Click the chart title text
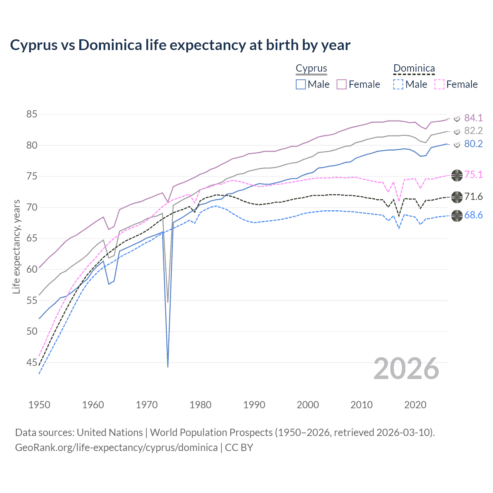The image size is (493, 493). click(x=180, y=45)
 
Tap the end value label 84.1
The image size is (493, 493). click(x=473, y=118)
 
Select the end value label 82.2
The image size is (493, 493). click(x=473, y=131)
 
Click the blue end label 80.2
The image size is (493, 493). click(x=473, y=144)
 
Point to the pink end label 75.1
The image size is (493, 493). click(x=473, y=174)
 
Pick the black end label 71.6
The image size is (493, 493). click(x=473, y=197)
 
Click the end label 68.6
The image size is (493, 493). click(x=473, y=215)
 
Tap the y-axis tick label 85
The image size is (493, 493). click(x=32, y=114)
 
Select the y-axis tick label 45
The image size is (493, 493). click(x=32, y=362)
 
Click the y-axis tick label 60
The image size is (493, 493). click(x=32, y=269)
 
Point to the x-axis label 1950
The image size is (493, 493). click(x=39, y=405)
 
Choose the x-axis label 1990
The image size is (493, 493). click(x=254, y=405)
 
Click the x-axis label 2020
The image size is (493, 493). click(x=415, y=405)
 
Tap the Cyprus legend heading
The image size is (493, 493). click(x=311, y=69)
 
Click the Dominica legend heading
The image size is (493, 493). click(x=414, y=69)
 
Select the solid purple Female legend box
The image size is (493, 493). click(x=342, y=84)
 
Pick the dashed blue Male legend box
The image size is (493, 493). click(x=398, y=84)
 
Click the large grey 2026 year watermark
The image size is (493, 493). click(x=406, y=369)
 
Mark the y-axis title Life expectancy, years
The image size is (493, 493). click(x=16, y=246)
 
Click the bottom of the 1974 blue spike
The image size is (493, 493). click(x=168, y=366)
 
